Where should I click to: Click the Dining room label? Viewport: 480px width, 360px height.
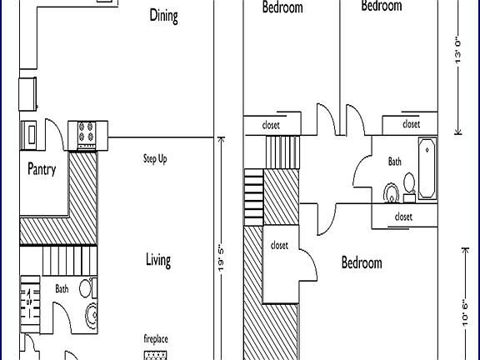pyautogui.click(x=163, y=15)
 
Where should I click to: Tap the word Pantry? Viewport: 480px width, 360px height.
pyautogui.click(x=42, y=169)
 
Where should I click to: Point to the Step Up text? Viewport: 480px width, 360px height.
pyautogui.click(x=155, y=158)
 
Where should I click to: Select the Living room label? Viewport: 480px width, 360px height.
pyautogui.click(x=158, y=260)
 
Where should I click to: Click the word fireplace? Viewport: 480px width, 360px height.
pyautogui.click(x=156, y=338)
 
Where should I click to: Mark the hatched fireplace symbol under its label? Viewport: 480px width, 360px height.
pyautogui.click(x=156, y=355)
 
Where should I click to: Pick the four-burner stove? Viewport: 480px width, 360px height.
pyautogui.click(x=87, y=131)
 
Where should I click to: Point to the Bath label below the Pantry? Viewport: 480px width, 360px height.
pyautogui.click(x=62, y=289)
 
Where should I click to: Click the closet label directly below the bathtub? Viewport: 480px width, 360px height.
pyautogui.click(x=403, y=216)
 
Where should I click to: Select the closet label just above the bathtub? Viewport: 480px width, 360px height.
pyautogui.click(x=411, y=124)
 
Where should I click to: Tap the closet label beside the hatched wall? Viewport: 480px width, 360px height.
pyautogui.click(x=279, y=245)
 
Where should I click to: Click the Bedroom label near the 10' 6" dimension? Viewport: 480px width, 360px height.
pyautogui.click(x=362, y=262)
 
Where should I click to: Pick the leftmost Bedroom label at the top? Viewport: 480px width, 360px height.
pyautogui.click(x=282, y=8)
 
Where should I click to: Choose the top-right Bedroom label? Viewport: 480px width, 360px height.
pyautogui.click(x=381, y=6)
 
